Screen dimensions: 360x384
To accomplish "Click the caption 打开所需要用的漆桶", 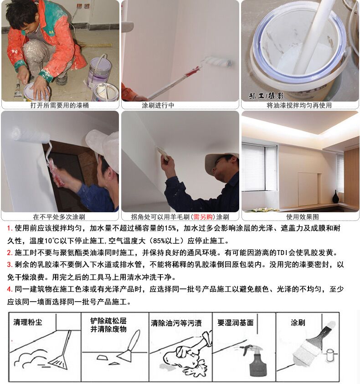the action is click(60, 105).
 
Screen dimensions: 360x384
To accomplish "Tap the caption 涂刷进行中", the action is click(158, 105).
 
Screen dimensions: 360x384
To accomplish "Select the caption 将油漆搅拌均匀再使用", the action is click(299, 105).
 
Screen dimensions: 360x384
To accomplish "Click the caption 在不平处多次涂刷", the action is click(59, 217).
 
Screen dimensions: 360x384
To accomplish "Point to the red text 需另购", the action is click(203, 217).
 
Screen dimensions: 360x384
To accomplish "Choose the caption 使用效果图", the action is click(303, 217).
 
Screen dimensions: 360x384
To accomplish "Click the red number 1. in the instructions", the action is click(10, 228).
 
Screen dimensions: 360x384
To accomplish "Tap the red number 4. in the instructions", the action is click(10, 289).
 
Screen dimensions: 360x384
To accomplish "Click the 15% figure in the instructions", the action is click(170, 228).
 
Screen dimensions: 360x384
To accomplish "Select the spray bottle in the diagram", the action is click(255, 360).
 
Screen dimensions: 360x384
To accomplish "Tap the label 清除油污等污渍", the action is click(176, 323).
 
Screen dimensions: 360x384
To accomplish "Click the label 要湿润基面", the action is click(236, 323).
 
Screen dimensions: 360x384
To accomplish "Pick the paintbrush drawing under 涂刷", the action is click(314, 343).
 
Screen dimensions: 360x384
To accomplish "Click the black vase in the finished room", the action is click(335, 196).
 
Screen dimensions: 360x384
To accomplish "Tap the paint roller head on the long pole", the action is click(219, 61).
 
